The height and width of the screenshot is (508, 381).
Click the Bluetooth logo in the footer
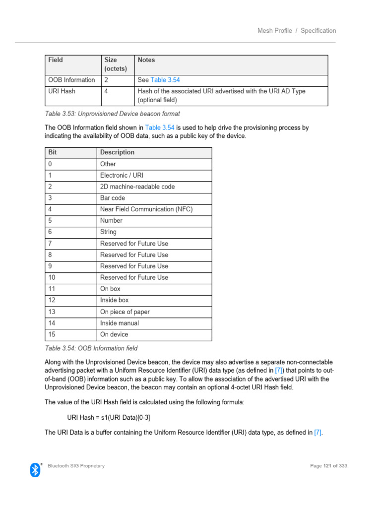[x=35, y=469]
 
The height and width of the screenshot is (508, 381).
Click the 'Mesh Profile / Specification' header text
[x=296, y=31]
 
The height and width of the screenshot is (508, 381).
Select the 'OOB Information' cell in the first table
[x=71, y=80]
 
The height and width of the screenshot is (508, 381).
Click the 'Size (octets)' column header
[x=115, y=64]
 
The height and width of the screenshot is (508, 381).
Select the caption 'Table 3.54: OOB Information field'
[x=91, y=348]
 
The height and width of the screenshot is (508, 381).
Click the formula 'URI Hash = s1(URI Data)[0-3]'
[x=109, y=417]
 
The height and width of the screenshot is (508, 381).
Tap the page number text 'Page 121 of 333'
[x=328, y=466]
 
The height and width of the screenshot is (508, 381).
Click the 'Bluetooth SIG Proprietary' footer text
[x=76, y=466]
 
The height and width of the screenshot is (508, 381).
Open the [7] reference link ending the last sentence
[x=318, y=433]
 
